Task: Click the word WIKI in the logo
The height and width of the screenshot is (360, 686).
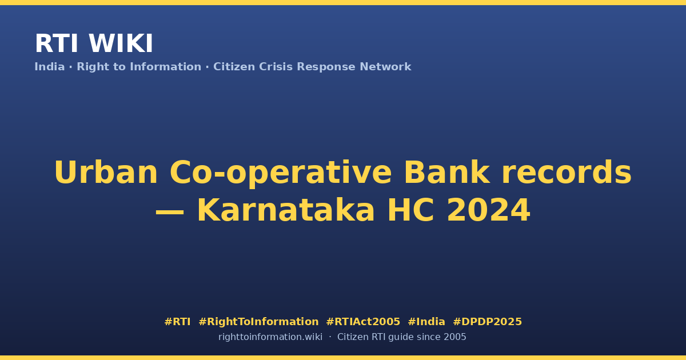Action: tap(121, 43)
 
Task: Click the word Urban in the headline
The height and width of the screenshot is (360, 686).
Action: tap(106, 173)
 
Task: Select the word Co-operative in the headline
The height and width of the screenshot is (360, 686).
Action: tap(281, 174)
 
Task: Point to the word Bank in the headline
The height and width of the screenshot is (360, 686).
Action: tap(447, 173)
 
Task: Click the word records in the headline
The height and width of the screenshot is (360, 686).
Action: tap(567, 173)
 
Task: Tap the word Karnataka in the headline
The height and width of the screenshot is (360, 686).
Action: tap(286, 210)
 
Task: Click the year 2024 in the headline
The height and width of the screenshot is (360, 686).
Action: tap(488, 210)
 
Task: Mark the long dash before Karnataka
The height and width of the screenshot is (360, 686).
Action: tap(170, 212)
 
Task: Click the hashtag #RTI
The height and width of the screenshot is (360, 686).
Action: tap(177, 322)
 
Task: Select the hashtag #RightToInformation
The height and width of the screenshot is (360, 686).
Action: tap(258, 322)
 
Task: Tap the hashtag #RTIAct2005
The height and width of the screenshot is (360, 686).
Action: tap(363, 322)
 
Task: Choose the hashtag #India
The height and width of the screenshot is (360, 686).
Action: tap(426, 322)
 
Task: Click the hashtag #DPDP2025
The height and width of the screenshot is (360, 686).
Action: tap(487, 322)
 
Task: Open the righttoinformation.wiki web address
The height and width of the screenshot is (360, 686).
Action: tap(270, 337)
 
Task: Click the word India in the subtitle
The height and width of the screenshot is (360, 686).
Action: tap(50, 67)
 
